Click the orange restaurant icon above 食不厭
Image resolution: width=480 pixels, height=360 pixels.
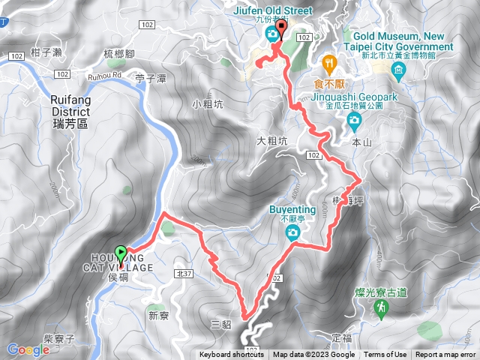coord(328,61)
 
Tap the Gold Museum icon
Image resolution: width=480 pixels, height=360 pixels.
coord(397,70)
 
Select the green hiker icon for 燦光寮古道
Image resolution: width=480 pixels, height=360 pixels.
coord(383,307)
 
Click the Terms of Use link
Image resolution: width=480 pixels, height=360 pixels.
coord(385,355)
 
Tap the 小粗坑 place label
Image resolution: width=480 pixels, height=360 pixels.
coord(205,105)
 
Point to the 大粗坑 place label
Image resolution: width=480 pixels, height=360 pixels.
coord(271,139)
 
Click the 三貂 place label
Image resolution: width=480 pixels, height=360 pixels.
coord(221,324)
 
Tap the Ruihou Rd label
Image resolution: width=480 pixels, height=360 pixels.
coord(107,74)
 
